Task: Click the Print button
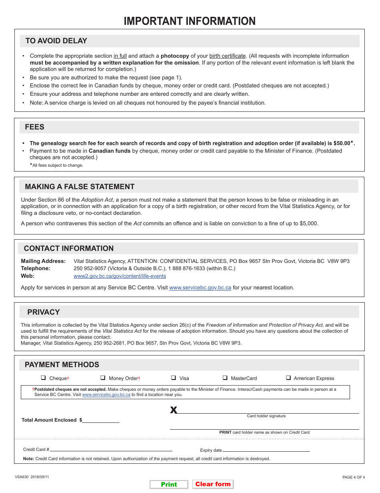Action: pos(169,484)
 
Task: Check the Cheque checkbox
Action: pos(43,378)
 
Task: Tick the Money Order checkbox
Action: pos(103,378)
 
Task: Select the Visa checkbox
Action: pos(174,378)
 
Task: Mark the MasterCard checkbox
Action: pos(225,378)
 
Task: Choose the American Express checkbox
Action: pos(288,378)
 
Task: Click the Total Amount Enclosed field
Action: pos(101,420)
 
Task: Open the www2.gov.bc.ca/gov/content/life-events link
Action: pos(120,276)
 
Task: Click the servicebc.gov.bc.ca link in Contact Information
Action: pos(200,288)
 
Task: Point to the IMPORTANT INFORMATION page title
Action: pos(190,21)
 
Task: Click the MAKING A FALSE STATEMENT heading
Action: pos(80,187)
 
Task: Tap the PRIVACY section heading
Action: pos(44,312)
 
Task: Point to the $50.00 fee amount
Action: pos(342,143)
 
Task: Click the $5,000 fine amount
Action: pos(309,223)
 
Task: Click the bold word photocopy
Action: pos(175,56)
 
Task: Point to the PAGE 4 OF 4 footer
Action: pos(354,477)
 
